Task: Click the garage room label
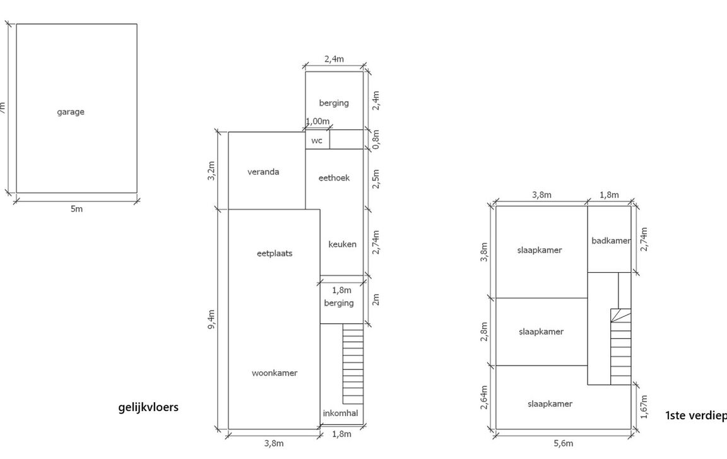(71, 112)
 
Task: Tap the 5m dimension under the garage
(76, 209)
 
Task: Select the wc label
(317, 140)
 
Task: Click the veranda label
(263, 172)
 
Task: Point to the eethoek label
(334, 178)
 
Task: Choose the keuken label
(342, 244)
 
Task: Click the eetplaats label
(275, 254)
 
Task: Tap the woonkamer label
(275, 373)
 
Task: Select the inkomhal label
(341, 414)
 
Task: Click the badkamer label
(611, 241)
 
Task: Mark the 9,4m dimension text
(212, 319)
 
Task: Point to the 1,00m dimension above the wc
(317, 121)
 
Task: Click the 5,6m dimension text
(564, 444)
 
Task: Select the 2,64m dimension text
(484, 398)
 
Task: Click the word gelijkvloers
(148, 407)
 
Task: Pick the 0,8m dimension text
(375, 139)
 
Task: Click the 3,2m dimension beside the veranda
(212, 170)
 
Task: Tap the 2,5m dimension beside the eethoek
(375, 179)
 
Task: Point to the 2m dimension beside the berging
(375, 299)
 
